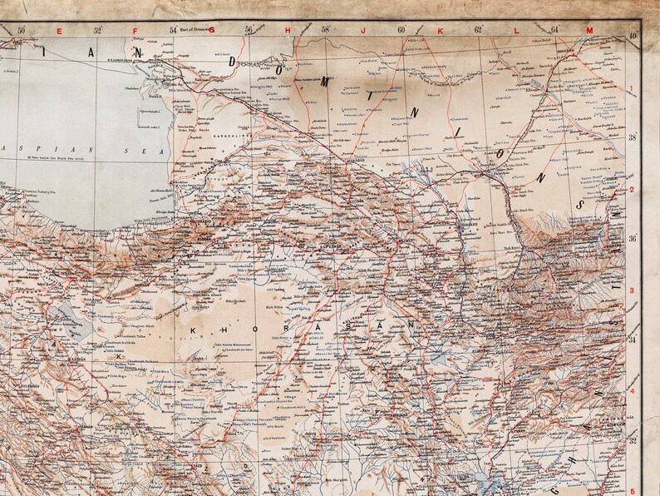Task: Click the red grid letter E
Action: tap(59, 31)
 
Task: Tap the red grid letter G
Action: tap(213, 31)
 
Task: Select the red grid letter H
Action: tap(288, 31)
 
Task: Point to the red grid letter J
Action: tap(364, 31)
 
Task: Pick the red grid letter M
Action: tap(589, 31)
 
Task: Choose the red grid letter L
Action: tap(515, 31)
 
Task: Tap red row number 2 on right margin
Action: tap(632, 190)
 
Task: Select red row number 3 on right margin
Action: tap(632, 290)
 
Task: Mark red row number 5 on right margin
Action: tap(632, 491)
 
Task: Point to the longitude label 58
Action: tap(325, 31)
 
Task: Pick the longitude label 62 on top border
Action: tap(478, 31)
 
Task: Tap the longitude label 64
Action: tap(554, 31)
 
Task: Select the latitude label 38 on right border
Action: tap(633, 137)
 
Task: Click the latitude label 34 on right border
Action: tap(633, 340)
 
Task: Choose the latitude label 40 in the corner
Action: tap(633, 35)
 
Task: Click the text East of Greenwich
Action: tap(191, 31)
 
